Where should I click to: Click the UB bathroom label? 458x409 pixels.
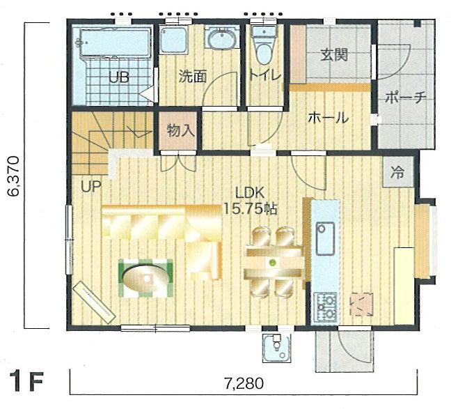[x=118, y=77]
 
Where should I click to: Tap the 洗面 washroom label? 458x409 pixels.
[x=192, y=77]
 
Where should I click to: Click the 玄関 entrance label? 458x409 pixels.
[x=334, y=55]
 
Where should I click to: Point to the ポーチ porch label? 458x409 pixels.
[x=406, y=98]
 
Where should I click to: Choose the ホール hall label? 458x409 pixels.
[x=328, y=118]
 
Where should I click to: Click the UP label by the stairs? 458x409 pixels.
[x=91, y=186]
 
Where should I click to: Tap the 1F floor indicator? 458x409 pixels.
[x=28, y=382]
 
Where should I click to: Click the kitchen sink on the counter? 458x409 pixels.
[x=324, y=239]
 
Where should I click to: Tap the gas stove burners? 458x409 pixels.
[x=324, y=304]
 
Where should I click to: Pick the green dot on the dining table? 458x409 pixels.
[x=272, y=263]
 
